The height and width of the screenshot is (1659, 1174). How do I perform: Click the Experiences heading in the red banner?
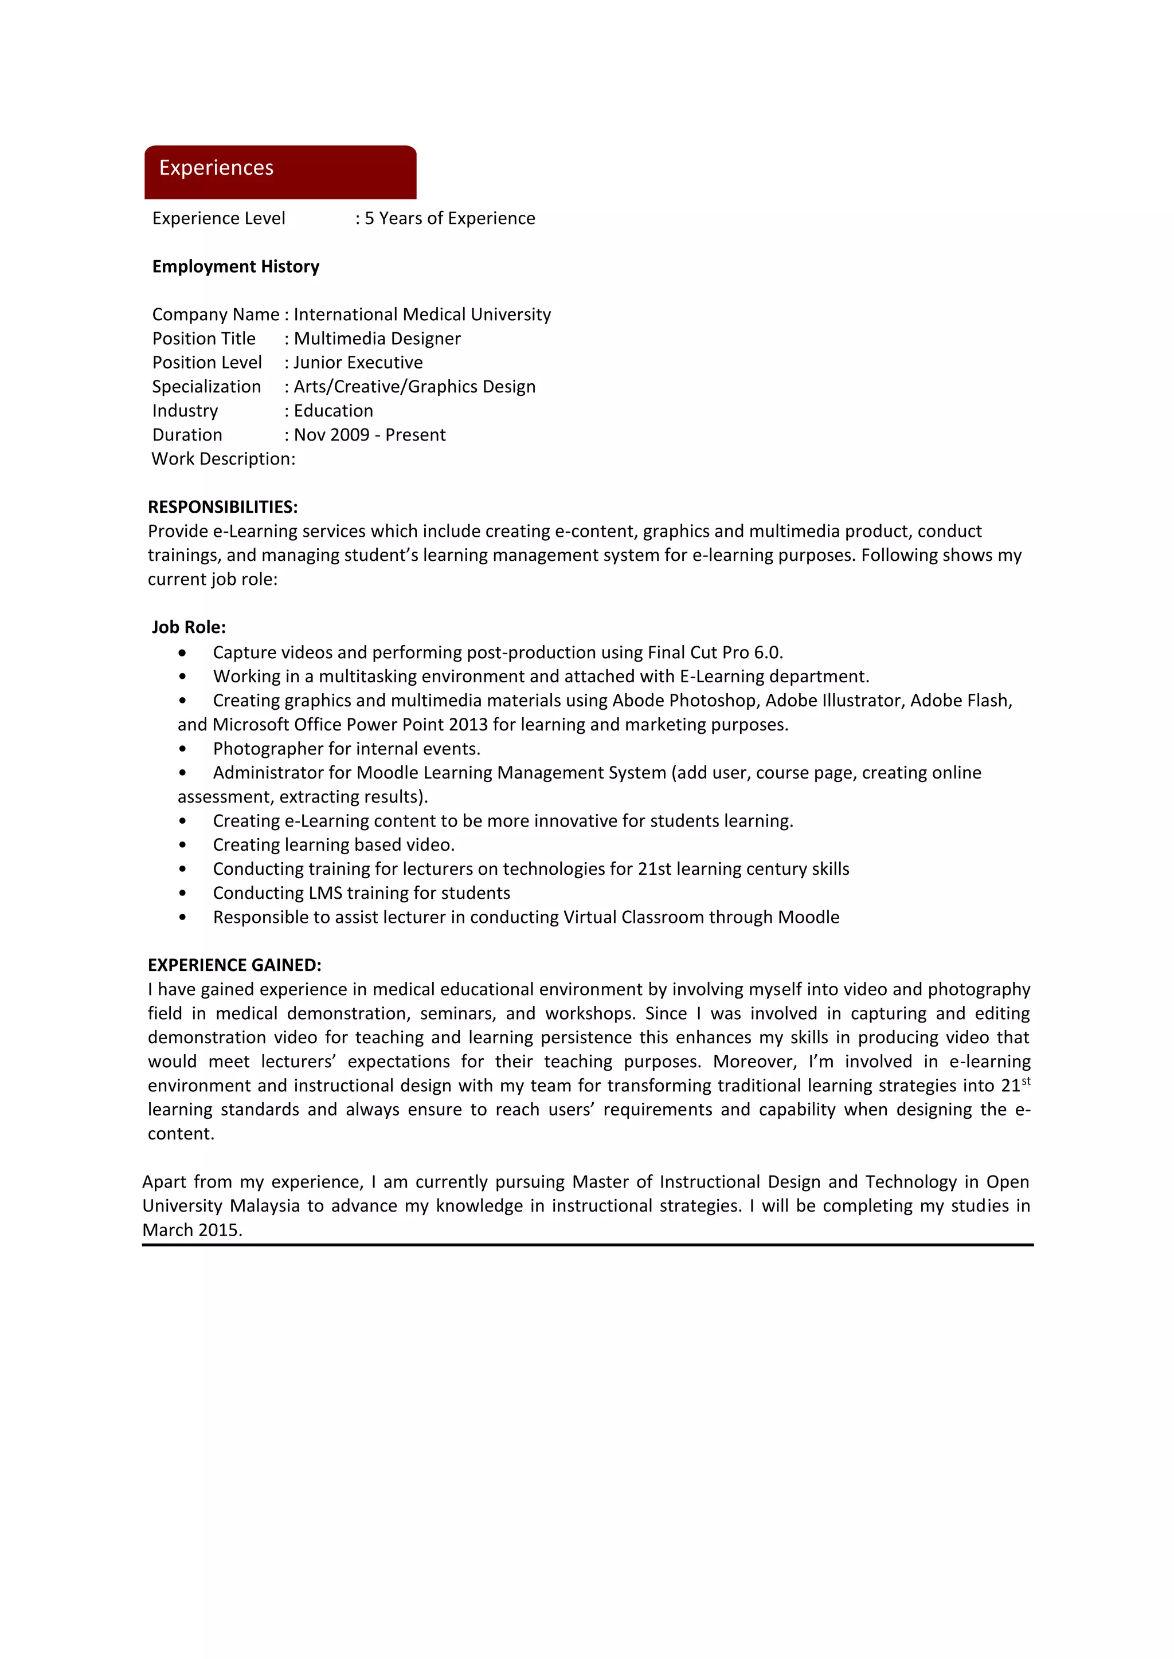click(216, 168)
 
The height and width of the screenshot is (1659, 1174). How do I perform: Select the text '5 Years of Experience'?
click(449, 218)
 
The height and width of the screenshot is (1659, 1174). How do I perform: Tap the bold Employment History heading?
click(236, 266)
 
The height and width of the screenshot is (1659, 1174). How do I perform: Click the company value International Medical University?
click(422, 314)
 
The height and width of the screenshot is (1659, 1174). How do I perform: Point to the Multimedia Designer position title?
click(377, 339)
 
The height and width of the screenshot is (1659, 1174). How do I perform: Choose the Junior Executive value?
click(358, 363)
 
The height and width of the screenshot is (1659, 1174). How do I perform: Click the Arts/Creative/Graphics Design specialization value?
click(414, 387)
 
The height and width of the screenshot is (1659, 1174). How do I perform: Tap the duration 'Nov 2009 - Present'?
click(369, 435)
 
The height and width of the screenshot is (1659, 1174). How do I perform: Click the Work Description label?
click(224, 459)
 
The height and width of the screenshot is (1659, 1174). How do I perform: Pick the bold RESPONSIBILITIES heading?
click(222, 507)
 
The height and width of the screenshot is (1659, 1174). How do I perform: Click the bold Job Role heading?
click(189, 627)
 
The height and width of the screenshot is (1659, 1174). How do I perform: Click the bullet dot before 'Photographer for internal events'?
click(182, 749)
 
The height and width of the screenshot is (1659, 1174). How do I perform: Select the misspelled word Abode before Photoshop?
click(639, 701)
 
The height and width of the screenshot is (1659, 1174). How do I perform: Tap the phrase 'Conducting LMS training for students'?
click(362, 893)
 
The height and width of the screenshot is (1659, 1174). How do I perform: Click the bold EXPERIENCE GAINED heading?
click(234, 965)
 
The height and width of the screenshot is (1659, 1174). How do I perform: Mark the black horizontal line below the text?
click(587, 1245)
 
